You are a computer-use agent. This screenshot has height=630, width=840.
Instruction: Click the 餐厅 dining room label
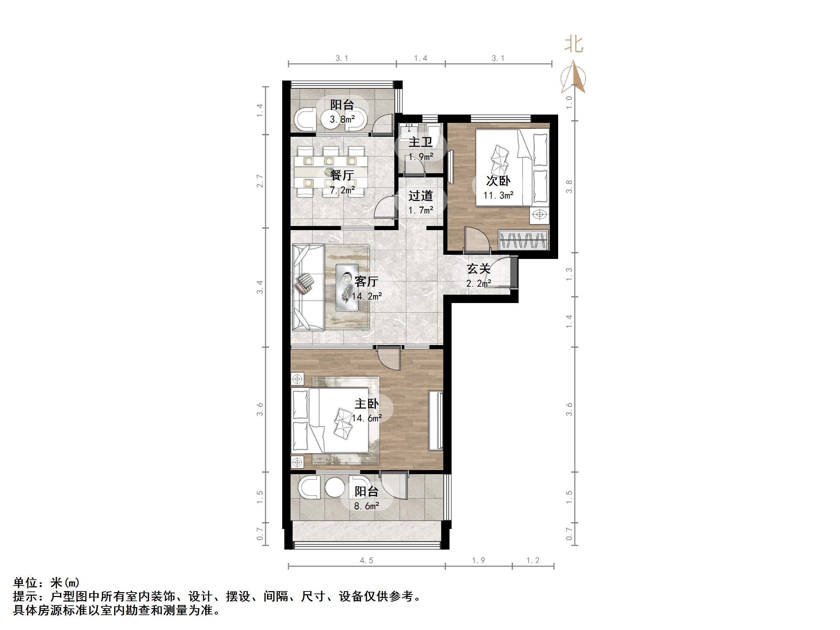click(342, 175)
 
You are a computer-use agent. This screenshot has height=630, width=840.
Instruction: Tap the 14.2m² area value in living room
click(367, 296)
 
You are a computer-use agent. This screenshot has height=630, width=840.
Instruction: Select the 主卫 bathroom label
click(420, 142)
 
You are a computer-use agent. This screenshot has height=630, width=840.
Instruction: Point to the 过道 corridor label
click(420, 196)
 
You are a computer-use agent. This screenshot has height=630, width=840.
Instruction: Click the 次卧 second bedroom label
click(498, 181)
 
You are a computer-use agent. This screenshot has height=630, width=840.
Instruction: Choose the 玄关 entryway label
click(478, 269)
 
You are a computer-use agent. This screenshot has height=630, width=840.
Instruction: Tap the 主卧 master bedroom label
click(367, 404)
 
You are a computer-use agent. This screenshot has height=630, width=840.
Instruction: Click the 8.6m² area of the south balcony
click(367, 506)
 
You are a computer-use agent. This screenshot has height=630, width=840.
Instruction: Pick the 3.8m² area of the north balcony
click(342, 120)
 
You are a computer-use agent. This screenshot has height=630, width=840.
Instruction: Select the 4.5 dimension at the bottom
click(367, 561)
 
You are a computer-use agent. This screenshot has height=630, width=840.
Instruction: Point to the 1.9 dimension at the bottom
click(478, 561)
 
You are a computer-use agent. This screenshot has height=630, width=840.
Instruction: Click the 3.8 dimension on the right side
click(569, 186)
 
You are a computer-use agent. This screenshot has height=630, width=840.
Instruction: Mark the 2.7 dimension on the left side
click(260, 181)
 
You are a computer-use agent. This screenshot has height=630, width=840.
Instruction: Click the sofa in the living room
click(308, 287)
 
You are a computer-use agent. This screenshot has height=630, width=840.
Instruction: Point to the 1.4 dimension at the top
click(420, 58)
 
